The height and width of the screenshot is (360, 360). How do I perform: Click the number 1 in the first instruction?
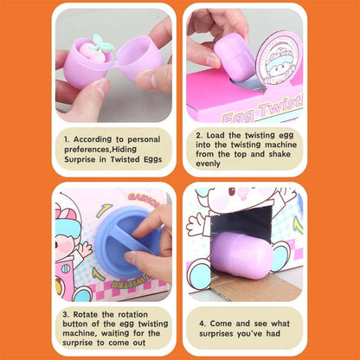[x=66, y=138]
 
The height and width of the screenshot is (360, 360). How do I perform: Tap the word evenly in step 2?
[x=209, y=163]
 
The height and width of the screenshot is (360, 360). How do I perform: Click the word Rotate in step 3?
[x=86, y=313]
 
